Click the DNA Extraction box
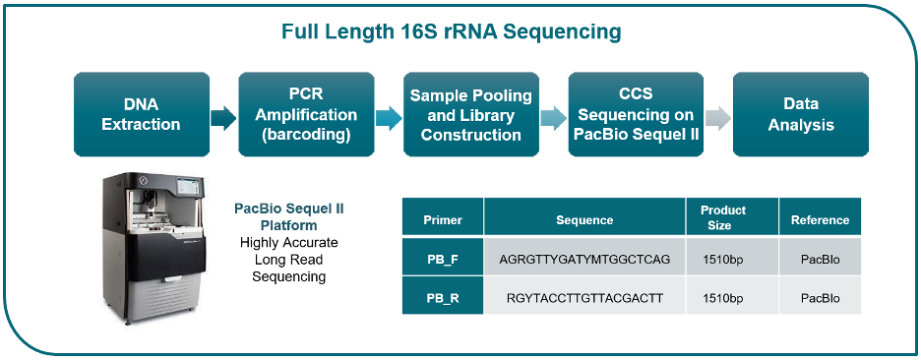pos(142,114)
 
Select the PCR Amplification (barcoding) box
pos(306,114)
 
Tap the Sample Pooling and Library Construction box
pos(471,114)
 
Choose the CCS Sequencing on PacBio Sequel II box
pos(636,114)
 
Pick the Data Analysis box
pos(801,114)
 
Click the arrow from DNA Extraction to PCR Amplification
pos(223,118)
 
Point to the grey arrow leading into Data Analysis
pos(718,118)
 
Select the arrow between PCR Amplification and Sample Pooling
pos(389,118)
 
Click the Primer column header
pos(443,220)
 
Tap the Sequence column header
pos(584,220)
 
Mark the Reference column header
pos(820,220)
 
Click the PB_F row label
pos(443,259)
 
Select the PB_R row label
pos(443,298)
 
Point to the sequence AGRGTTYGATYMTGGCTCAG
pos(584,259)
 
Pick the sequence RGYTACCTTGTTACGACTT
pos(584,298)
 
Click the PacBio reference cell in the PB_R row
pos(820,298)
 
